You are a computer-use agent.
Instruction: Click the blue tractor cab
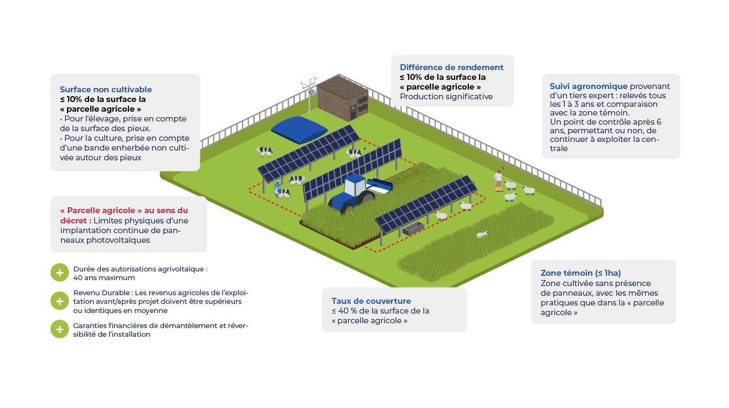[x=354, y=185]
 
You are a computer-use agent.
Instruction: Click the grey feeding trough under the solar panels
[x=413, y=229]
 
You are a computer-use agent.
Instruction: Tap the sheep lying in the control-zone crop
[x=482, y=234]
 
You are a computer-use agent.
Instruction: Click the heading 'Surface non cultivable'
[x=106, y=90]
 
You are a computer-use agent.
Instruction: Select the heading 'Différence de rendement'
[x=451, y=67]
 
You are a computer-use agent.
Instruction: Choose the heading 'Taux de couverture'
[x=371, y=301]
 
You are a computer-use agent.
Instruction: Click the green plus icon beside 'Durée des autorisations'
[x=59, y=273]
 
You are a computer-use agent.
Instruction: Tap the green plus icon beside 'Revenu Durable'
[x=59, y=301]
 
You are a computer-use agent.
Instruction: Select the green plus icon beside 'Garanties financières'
[x=59, y=329]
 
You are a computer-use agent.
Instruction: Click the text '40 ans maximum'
[x=104, y=278]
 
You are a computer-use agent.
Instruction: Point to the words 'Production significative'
[x=446, y=97]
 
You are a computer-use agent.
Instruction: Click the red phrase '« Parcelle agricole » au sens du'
[x=124, y=210]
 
